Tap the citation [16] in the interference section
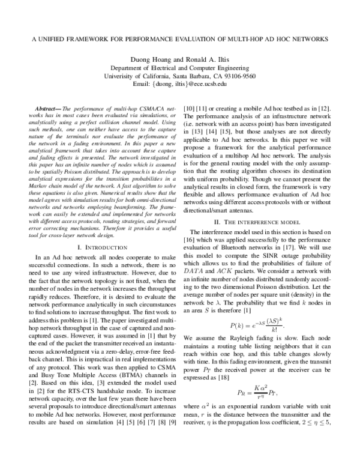tap(195, 240)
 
